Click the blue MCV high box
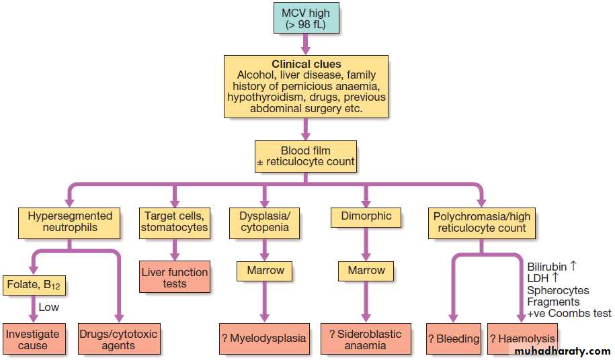(x=306, y=18)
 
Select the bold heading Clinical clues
(x=306, y=64)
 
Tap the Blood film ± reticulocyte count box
(x=306, y=156)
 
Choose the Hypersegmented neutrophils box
(x=69, y=223)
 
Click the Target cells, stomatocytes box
(x=175, y=223)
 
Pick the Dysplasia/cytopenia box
(x=265, y=223)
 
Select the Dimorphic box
(x=366, y=218)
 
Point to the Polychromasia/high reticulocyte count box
(x=482, y=223)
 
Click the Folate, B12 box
(x=34, y=285)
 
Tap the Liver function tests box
(x=175, y=277)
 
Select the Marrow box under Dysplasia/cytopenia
(x=265, y=271)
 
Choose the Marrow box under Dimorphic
(x=366, y=271)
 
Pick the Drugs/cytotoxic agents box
(x=119, y=339)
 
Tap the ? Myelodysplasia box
(x=264, y=339)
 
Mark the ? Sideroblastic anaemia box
(x=366, y=339)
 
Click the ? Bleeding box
(x=454, y=339)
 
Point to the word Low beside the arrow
(x=48, y=307)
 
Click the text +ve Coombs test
(x=569, y=314)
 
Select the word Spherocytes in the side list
(x=558, y=291)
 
